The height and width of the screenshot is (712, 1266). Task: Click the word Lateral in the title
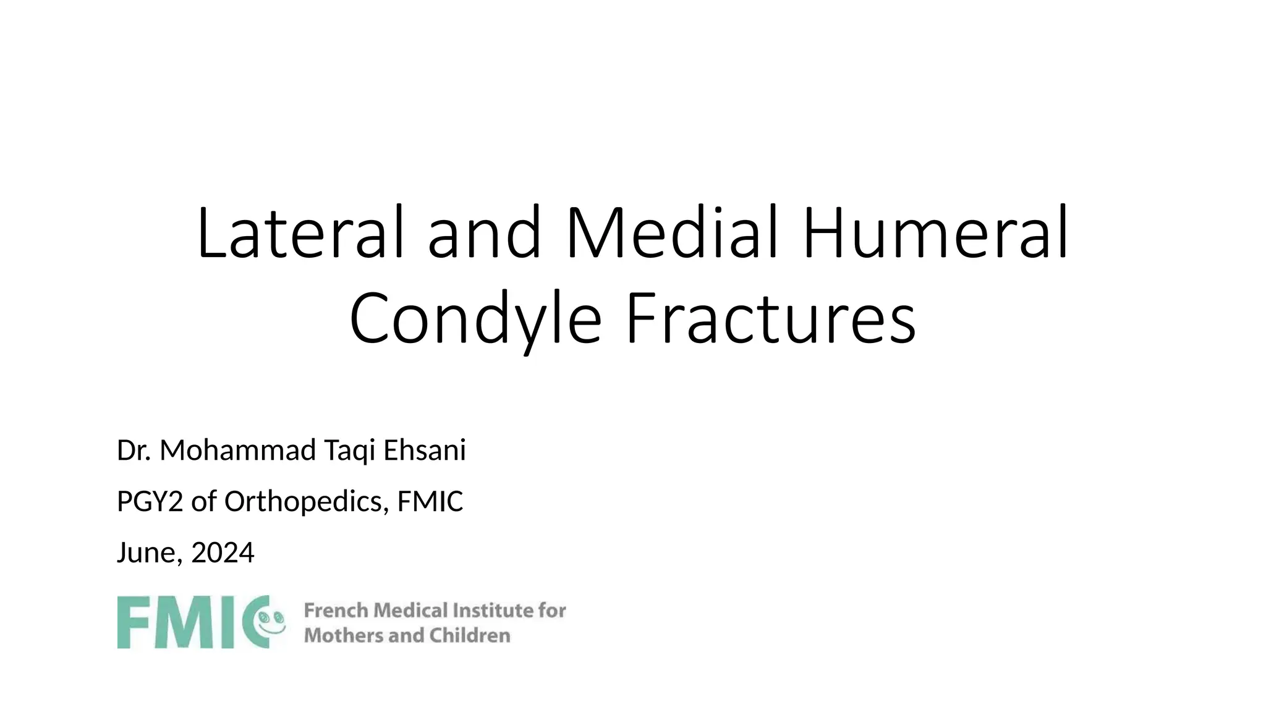[x=300, y=233]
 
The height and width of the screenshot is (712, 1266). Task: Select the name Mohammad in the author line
[x=237, y=450]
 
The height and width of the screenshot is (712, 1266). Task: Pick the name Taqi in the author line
[x=349, y=451]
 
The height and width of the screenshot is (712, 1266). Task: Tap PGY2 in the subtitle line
[x=150, y=501]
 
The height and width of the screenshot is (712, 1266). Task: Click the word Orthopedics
[x=307, y=501]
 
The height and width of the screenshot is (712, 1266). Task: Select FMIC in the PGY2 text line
[x=430, y=501]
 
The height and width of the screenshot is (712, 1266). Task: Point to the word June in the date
[x=148, y=553]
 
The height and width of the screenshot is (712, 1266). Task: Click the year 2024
[x=223, y=553]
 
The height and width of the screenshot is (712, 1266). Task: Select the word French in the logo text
[x=336, y=611]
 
